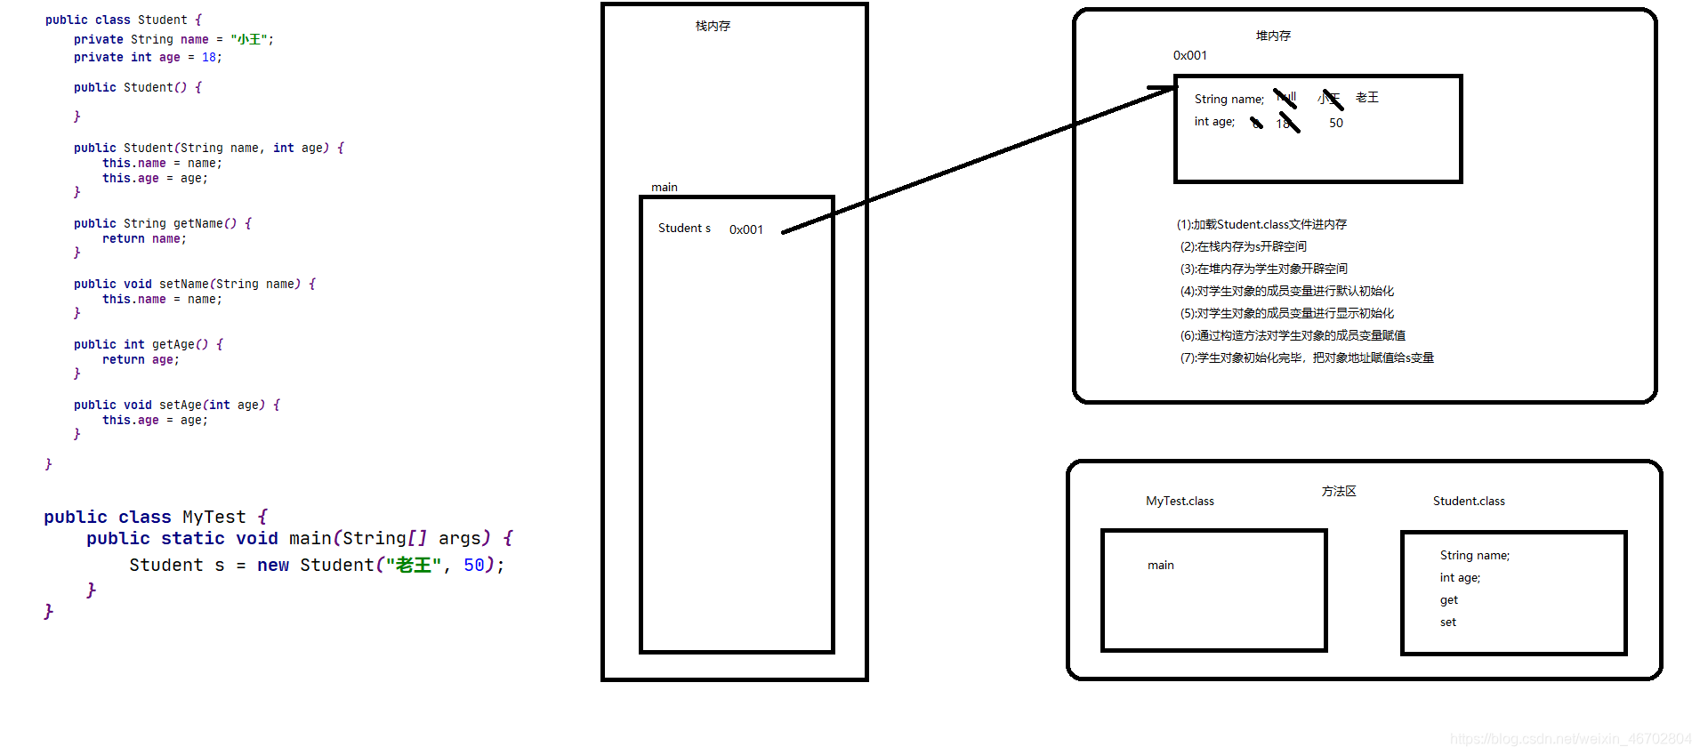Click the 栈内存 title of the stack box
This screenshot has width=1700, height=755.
[713, 27]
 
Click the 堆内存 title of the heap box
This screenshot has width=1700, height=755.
[1273, 36]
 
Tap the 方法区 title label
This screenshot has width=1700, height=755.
[1338, 492]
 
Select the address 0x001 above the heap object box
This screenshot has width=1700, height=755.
[1189, 56]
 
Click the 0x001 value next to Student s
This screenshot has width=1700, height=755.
[745, 229]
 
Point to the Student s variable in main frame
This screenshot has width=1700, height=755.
[684, 229]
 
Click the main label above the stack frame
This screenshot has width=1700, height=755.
[664, 188]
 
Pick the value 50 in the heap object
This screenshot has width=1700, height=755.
[1335, 124]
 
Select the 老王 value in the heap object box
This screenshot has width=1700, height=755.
[1366, 98]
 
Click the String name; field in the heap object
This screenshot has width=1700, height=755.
[1229, 100]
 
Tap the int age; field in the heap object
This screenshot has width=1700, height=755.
[1214, 122]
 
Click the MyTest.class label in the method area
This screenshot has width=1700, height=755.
[1180, 502]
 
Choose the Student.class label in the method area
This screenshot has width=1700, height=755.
[1469, 502]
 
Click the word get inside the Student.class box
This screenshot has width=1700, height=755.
[1448, 600]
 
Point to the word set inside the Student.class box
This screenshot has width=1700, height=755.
[1447, 622]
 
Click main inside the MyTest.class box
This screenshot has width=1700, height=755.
[1160, 566]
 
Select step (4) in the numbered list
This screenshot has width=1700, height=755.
[1286, 292]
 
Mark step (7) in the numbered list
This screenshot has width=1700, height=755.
[1306, 358]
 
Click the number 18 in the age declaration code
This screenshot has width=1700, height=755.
[209, 58]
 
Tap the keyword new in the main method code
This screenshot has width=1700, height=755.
[272, 566]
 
